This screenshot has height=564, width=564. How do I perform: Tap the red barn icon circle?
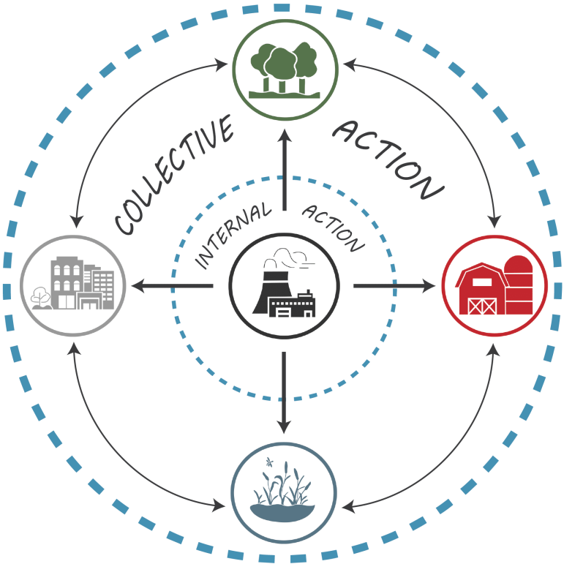pyautogui.click(x=495, y=285)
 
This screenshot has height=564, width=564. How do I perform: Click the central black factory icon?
pyautogui.click(x=284, y=285)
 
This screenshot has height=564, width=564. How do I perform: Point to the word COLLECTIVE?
pyautogui.click(x=174, y=176)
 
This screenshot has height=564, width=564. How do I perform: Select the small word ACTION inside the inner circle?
pyautogui.click(x=333, y=228)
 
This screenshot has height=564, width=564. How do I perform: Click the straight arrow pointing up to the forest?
pyautogui.click(x=284, y=168)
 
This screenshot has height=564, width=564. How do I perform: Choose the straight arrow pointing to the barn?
pyautogui.click(x=395, y=285)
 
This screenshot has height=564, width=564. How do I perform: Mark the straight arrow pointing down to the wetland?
pyautogui.click(x=284, y=395)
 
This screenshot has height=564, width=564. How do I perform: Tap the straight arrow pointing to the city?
pyautogui.click(x=172, y=285)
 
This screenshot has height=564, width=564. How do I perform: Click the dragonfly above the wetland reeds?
pyautogui.click(x=270, y=462)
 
